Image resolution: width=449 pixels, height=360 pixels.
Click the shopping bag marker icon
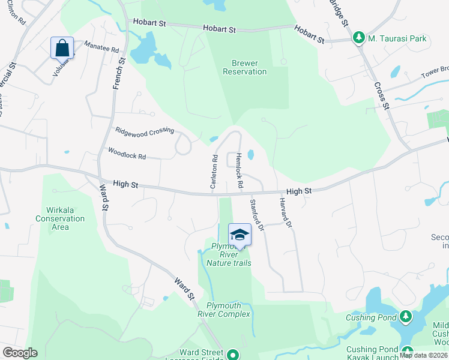coord(62,47)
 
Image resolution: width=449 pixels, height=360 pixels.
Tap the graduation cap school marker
coord(240,234)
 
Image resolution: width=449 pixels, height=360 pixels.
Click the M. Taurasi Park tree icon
coord(359,38)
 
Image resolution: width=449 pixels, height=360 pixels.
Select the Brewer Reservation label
coord(244,67)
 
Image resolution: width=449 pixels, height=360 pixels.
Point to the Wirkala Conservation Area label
coord(60,218)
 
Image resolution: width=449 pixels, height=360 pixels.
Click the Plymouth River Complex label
coord(225,310)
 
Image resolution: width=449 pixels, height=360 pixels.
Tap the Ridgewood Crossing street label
coord(145,130)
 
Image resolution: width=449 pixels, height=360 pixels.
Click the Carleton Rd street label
coord(213,172)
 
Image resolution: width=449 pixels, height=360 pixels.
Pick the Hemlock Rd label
coord(239,170)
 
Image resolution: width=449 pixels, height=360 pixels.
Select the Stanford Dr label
coord(257,215)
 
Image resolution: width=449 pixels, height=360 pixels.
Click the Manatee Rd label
coord(101,47)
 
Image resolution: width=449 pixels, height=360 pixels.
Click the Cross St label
coord(382,95)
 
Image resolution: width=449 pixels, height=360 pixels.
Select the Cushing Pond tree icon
coord(406,316)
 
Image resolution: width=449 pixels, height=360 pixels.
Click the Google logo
coord(20,353)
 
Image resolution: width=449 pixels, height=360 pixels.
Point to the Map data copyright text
coord(423,355)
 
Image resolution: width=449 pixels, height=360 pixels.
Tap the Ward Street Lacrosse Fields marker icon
coord(232,355)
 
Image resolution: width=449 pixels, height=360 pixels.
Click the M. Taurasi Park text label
coord(397,38)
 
